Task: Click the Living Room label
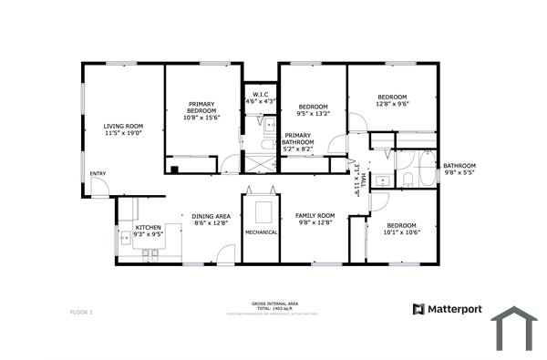[123, 130]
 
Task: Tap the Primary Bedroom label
[201, 110]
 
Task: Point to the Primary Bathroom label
[298, 142]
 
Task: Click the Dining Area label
[211, 220]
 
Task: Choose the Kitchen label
[148, 231]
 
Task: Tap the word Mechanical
[261, 232]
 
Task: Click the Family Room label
[315, 220]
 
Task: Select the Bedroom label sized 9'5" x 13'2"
[312, 110]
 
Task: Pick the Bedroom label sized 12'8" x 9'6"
[392, 100]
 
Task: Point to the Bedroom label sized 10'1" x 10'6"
[401, 228]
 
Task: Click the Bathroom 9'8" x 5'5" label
[459, 169]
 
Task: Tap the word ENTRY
[98, 174]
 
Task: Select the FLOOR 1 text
[81, 313]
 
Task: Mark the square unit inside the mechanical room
[263, 212]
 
